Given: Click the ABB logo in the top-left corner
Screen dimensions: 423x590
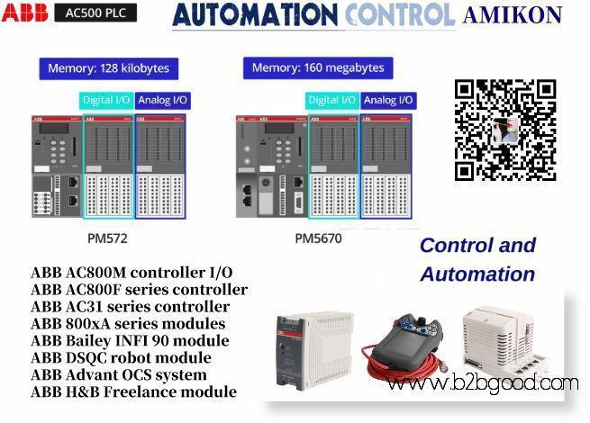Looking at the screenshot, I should pyautogui.click(x=24, y=13).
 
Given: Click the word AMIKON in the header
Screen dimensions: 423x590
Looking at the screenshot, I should pyautogui.click(x=512, y=15).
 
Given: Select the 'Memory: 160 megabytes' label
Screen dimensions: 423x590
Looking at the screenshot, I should pyautogui.click(x=318, y=67).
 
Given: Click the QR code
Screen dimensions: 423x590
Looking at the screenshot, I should pyautogui.click(x=504, y=130).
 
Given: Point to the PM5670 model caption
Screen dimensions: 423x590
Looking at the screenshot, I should pyautogui.click(x=318, y=238).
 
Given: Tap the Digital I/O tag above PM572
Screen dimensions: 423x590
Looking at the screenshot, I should pyautogui.click(x=107, y=101).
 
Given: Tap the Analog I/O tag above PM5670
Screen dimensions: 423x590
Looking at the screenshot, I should pyautogui.click(x=386, y=101).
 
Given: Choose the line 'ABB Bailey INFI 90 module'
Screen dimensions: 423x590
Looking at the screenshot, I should pyautogui.click(x=130, y=341).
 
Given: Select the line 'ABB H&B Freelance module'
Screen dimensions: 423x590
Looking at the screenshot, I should pyautogui.click(x=133, y=392).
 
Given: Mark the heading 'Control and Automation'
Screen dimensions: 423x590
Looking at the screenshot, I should pyautogui.click(x=477, y=259).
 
